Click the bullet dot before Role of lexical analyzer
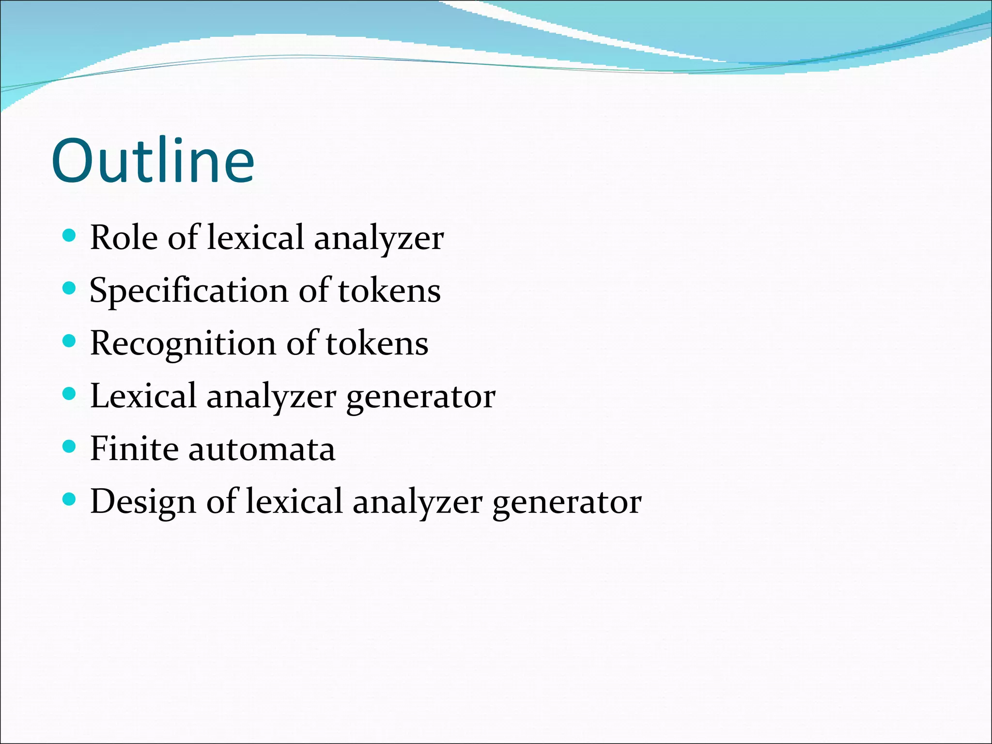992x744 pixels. click(70, 236)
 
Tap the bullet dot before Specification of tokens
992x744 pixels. click(70, 289)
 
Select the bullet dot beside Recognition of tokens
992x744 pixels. click(70, 341)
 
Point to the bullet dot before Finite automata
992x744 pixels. click(70, 447)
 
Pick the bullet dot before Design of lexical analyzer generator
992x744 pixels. click(70, 499)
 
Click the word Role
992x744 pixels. click(124, 238)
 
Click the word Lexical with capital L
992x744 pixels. click(143, 396)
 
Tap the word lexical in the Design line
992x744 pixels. click(294, 501)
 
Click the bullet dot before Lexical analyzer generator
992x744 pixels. click(70, 394)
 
